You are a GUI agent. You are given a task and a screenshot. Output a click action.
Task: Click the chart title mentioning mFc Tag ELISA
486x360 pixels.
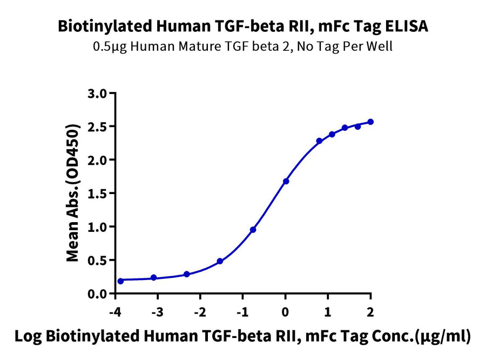(x=242, y=26)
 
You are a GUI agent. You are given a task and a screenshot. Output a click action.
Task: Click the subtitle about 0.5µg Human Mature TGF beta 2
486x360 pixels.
(x=242, y=46)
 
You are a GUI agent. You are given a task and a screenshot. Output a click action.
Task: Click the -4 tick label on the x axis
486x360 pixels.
(x=115, y=312)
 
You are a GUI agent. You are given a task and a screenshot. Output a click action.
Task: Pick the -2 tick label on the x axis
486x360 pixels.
(x=200, y=312)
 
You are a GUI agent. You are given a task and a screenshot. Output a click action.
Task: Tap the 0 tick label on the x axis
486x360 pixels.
(x=286, y=312)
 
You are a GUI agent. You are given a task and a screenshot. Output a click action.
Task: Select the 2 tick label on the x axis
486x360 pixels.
(x=370, y=312)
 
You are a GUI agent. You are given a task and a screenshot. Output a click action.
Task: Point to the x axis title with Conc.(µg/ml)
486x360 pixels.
(x=242, y=336)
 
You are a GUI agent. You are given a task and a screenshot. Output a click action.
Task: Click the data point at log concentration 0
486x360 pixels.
(x=286, y=181)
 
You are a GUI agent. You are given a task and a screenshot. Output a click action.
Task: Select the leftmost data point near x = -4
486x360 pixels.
(x=120, y=281)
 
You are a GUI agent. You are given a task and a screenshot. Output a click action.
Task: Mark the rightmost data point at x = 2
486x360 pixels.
(x=370, y=122)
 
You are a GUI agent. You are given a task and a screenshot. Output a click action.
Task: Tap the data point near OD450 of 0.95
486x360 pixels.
(x=253, y=230)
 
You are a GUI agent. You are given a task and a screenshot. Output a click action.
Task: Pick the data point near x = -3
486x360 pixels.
(x=153, y=277)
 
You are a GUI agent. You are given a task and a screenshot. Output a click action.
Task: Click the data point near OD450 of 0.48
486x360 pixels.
(x=220, y=261)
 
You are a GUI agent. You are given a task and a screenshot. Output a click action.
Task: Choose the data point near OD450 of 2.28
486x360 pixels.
(x=319, y=141)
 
